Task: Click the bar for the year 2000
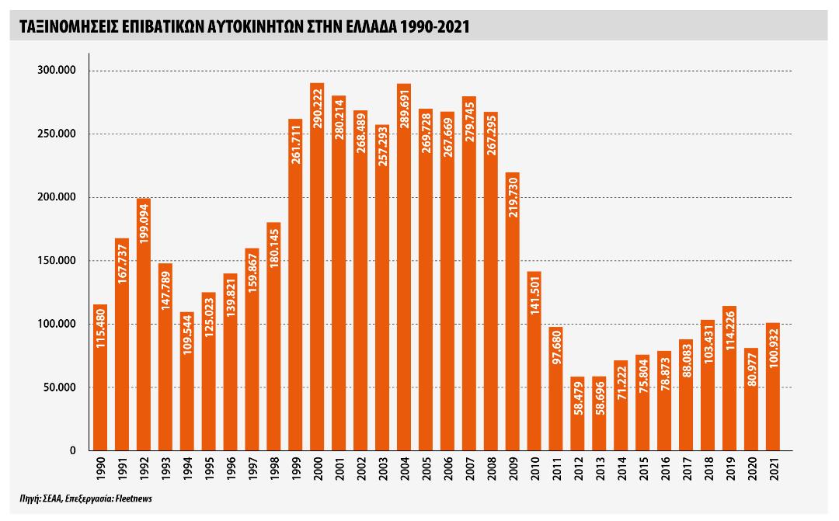tap(317, 267)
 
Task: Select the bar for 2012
tap(577, 414)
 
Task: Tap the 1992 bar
tap(144, 325)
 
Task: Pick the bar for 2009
tap(512, 311)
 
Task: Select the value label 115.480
tap(100, 328)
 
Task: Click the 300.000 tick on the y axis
tap(57, 70)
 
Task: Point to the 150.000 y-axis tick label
tap(57, 261)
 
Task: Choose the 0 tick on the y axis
tap(73, 450)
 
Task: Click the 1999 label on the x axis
tap(295, 468)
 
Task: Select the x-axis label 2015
tap(642, 468)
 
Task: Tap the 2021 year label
tap(773, 468)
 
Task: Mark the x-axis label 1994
tap(186, 468)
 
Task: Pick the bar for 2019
tap(729, 378)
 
